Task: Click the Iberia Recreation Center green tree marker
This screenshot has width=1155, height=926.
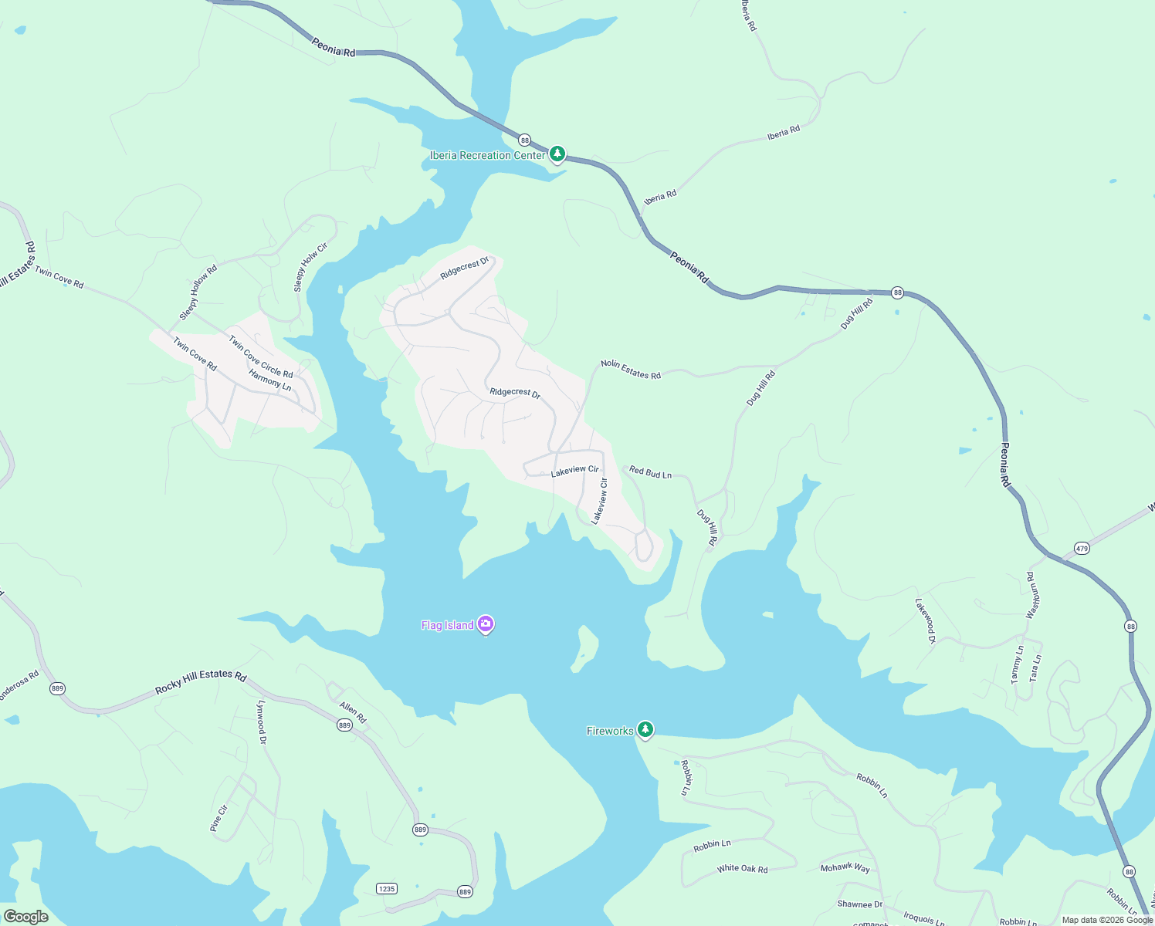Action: (557, 154)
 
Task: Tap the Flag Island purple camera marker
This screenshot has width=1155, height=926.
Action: (486, 624)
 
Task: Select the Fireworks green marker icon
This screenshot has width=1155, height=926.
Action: (645, 729)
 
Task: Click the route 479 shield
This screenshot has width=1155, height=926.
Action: (1082, 549)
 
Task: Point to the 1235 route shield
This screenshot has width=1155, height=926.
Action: (387, 888)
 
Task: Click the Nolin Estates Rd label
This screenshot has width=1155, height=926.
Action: (631, 370)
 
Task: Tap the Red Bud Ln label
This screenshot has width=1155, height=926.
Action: (650, 472)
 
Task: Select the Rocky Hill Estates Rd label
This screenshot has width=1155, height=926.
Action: (201, 681)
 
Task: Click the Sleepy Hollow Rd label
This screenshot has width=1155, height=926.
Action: (198, 292)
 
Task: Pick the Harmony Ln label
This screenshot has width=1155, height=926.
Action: (270, 380)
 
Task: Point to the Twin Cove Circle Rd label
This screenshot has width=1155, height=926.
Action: (260, 357)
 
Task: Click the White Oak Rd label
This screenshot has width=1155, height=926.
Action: (742, 868)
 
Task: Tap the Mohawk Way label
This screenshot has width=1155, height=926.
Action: (845, 867)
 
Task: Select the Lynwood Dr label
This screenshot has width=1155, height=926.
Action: (262, 722)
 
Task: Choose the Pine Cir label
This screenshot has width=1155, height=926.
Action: (218, 818)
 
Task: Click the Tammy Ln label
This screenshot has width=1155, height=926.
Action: (1017, 664)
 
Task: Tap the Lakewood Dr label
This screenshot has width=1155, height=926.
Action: (925, 620)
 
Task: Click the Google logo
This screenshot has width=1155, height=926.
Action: (26, 916)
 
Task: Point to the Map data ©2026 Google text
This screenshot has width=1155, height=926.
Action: (1107, 919)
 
